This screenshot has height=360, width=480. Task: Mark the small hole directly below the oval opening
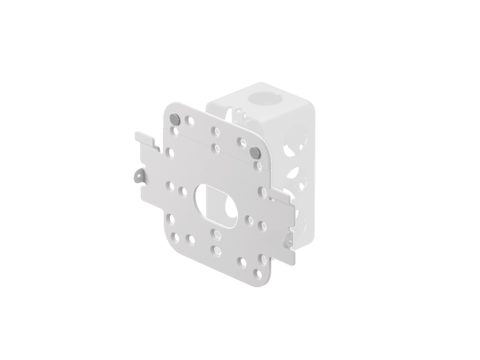[x=218, y=234]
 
